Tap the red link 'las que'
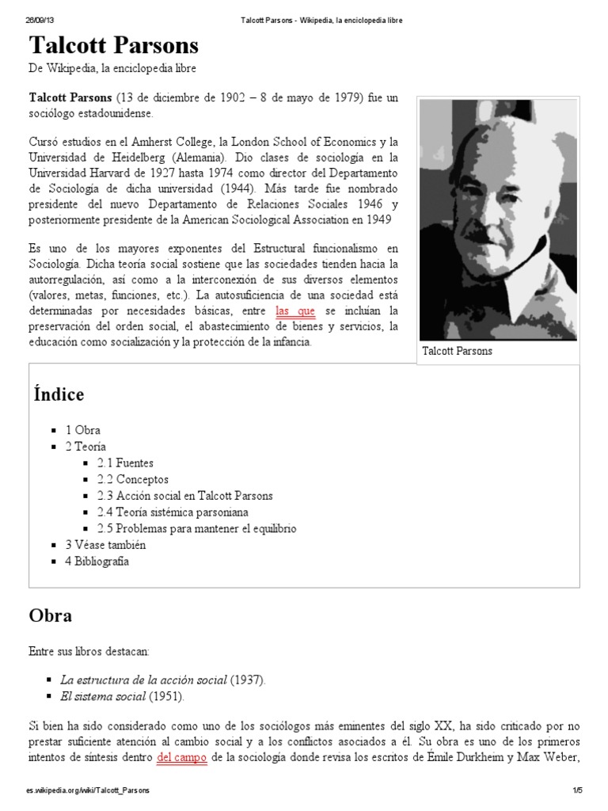(x=294, y=310)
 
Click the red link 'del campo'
(x=182, y=757)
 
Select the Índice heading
(x=59, y=394)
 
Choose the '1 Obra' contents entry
(x=82, y=430)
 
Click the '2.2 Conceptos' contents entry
(x=132, y=479)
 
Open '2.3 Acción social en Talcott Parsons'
(x=184, y=496)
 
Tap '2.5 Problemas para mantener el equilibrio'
(x=196, y=528)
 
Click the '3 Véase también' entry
(x=105, y=545)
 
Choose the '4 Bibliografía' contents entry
(x=97, y=562)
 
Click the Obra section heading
(x=51, y=615)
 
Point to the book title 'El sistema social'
(x=102, y=696)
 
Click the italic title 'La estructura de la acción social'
(x=143, y=680)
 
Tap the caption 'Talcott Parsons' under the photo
(x=457, y=351)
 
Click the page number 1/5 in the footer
(x=576, y=790)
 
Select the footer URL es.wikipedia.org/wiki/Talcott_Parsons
(x=88, y=790)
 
